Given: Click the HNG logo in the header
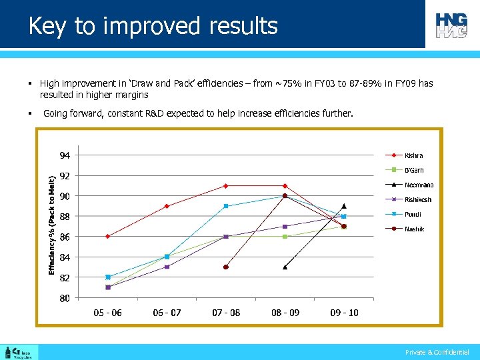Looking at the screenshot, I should tap(452, 25).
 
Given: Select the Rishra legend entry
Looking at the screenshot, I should tap(413, 155).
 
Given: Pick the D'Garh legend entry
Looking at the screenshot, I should tap(414, 170).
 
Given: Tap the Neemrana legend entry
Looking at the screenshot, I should tap(419, 185).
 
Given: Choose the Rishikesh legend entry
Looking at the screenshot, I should tap(418, 199).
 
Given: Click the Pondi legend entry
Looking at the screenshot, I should tap(413, 214).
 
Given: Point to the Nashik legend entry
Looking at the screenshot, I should tap(414, 229).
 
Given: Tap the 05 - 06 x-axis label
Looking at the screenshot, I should tap(107, 313).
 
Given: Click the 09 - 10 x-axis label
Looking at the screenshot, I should tap(344, 313).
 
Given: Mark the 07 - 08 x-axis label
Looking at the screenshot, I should tap(226, 313).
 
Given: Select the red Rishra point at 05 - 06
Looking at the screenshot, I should tap(107, 237).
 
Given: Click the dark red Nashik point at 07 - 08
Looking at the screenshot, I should tap(226, 267).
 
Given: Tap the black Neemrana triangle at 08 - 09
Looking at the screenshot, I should tap(285, 267).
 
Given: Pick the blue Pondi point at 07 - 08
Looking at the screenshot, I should tap(226, 206).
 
